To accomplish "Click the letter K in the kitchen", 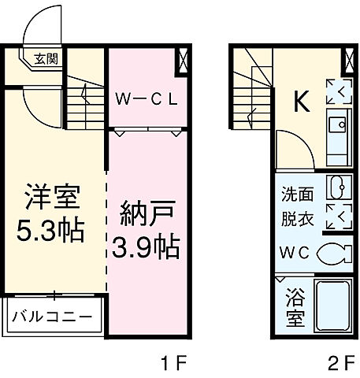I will tap(300, 101).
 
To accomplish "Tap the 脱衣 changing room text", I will tap(298, 220).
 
